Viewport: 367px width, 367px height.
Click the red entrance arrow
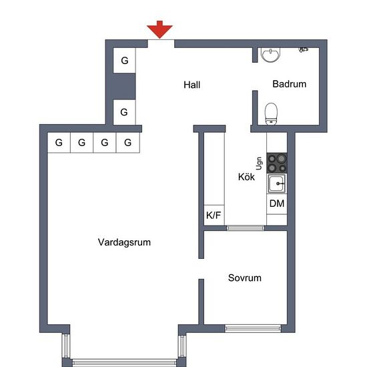tap(159, 29)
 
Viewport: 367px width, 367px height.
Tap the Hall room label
tap(192, 85)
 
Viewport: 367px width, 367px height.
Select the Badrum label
tap(290, 84)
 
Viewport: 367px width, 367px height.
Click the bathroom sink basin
tap(271, 55)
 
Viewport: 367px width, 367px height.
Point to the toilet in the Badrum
tap(271, 113)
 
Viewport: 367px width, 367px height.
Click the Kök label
tap(246, 177)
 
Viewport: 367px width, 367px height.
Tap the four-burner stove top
tap(277, 163)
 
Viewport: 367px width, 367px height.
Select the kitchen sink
tap(277, 183)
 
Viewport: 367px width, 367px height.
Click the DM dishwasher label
tap(277, 204)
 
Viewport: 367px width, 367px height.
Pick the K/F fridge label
tap(214, 215)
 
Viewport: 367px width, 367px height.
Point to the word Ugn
tap(259, 163)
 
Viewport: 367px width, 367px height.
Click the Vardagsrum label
tap(124, 242)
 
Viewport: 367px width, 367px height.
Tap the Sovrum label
tap(245, 278)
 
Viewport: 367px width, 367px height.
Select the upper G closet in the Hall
tap(124, 61)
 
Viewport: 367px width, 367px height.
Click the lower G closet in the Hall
tap(124, 112)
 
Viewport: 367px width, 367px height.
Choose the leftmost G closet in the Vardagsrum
tap(59, 143)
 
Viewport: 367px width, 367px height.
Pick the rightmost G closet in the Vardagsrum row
tap(128, 143)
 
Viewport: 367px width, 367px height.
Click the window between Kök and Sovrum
tap(246, 228)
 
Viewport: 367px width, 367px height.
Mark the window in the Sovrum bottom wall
tap(253, 328)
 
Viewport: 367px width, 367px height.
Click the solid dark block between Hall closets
tap(124, 86)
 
